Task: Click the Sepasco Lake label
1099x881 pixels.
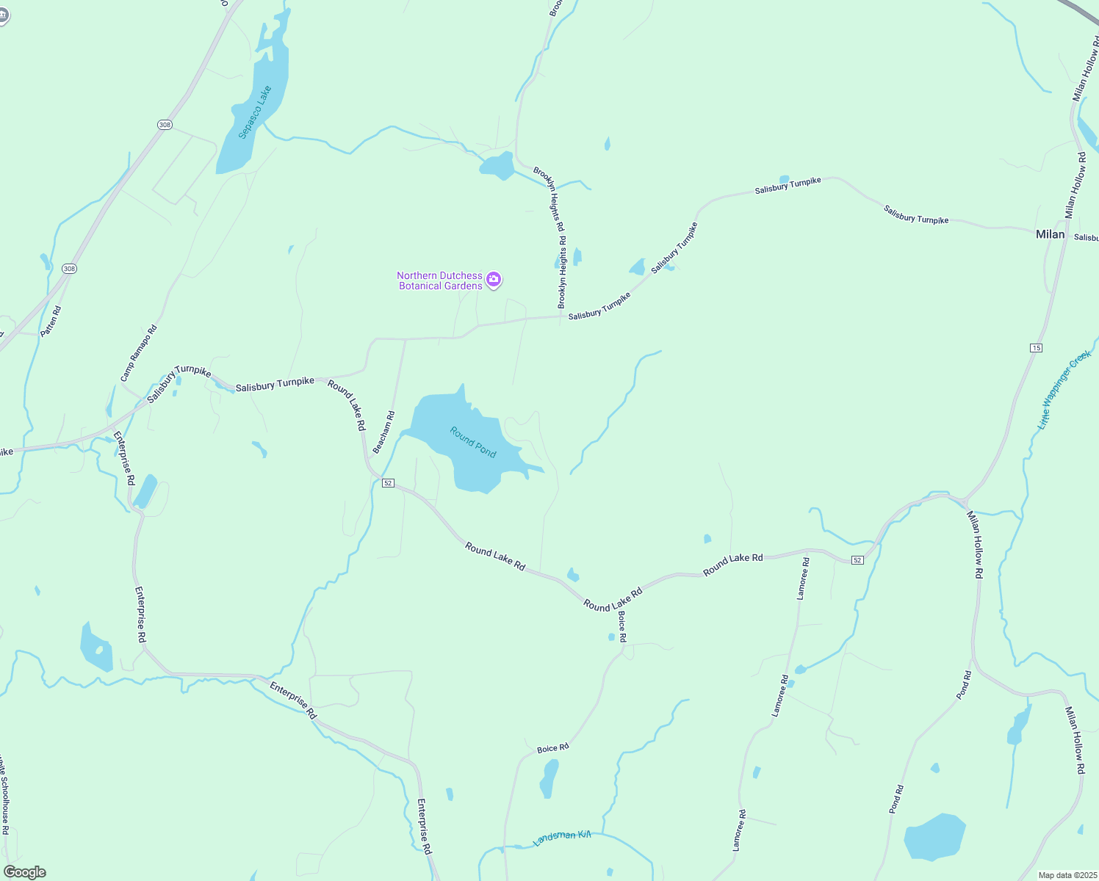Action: point(255,112)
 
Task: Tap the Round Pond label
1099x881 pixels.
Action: point(473,442)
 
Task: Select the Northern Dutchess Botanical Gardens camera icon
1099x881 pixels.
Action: point(494,279)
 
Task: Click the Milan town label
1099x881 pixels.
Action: point(1050,234)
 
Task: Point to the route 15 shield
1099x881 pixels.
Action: point(1036,347)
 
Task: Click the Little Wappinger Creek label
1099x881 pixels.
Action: point(1064,390)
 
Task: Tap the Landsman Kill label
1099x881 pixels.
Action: point(562,837)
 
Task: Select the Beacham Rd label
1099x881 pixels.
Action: point(383,432)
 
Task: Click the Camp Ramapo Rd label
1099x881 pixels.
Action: point(139,353)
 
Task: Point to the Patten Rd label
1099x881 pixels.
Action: point(51,322)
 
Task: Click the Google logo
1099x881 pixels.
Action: point(24,871)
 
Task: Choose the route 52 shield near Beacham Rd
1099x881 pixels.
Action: point(389,483)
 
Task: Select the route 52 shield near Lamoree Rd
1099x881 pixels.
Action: point(857,560)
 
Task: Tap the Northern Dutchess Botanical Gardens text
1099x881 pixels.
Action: point(440,280)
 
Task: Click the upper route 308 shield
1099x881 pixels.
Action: point(165,125)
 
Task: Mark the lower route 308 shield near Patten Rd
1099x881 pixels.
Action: point(69,269)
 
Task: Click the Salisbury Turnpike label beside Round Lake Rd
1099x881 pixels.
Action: point(275,384)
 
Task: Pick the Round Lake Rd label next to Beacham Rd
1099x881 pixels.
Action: point(347,405)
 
